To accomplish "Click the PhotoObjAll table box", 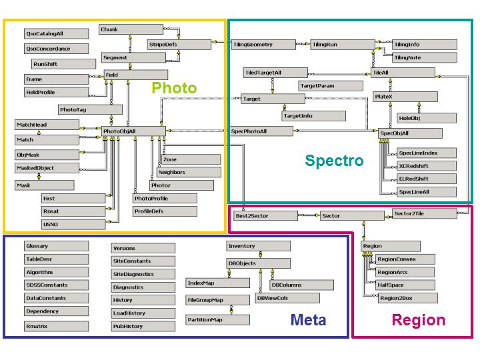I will point(133,132).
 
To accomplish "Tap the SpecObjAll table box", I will point(401,133).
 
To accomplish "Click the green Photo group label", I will point(174,88).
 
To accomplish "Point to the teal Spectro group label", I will point(334,161).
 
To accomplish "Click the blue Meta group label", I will point(308,320).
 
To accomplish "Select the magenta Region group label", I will point(418,320).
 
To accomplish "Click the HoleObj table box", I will point(426,118).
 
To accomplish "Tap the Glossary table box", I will point(56,247).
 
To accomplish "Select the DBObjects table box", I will point(259,263).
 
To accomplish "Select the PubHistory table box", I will point(143,327).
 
